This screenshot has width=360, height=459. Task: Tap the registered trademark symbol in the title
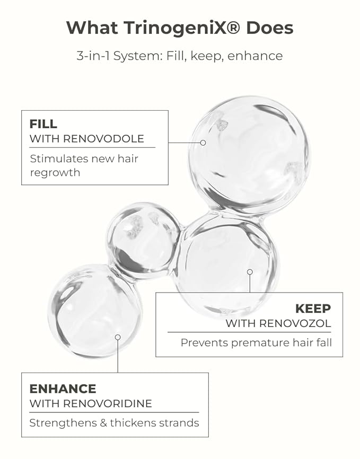click(233, 28)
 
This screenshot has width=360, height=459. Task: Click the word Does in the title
click(269, 28)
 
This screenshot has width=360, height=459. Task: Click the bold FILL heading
click(43, 124)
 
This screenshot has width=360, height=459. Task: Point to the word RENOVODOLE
click(103, 138)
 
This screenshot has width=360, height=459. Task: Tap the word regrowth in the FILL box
click(55, 173)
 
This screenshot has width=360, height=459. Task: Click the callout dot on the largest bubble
click(203, 143)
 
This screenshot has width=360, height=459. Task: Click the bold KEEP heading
click(313, 308)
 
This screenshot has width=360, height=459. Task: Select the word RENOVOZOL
click(295, 323)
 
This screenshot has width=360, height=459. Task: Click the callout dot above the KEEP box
click(250, 272)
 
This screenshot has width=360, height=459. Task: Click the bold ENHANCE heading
click(63, 389)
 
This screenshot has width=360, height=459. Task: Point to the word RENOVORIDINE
click(108, 403)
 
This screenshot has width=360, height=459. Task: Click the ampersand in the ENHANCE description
click(103, 423)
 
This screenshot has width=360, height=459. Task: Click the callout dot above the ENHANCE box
click(118, 337)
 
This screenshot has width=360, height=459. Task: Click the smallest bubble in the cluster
click(144, 240)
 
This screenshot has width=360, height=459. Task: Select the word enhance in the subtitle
click(255, 56)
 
